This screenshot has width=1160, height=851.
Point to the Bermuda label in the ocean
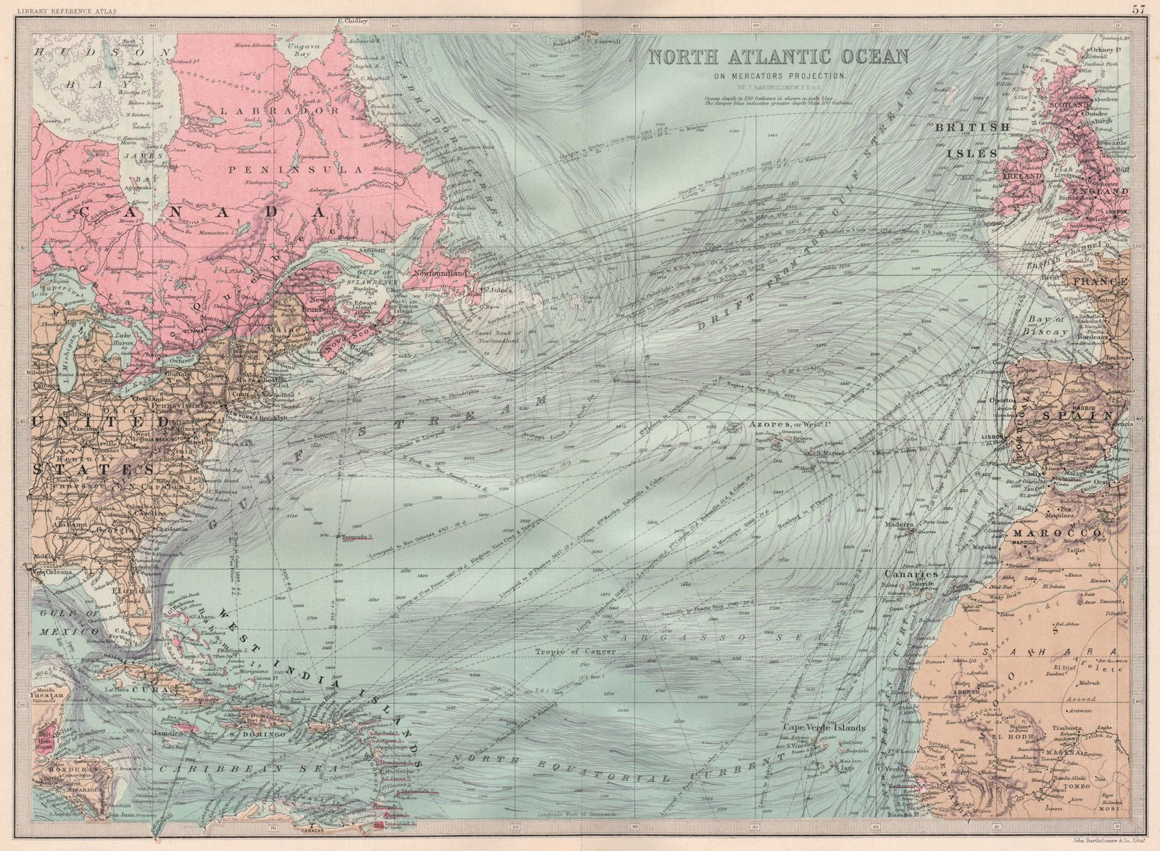click(355, 537)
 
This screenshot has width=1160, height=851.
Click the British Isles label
click(972, 140)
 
